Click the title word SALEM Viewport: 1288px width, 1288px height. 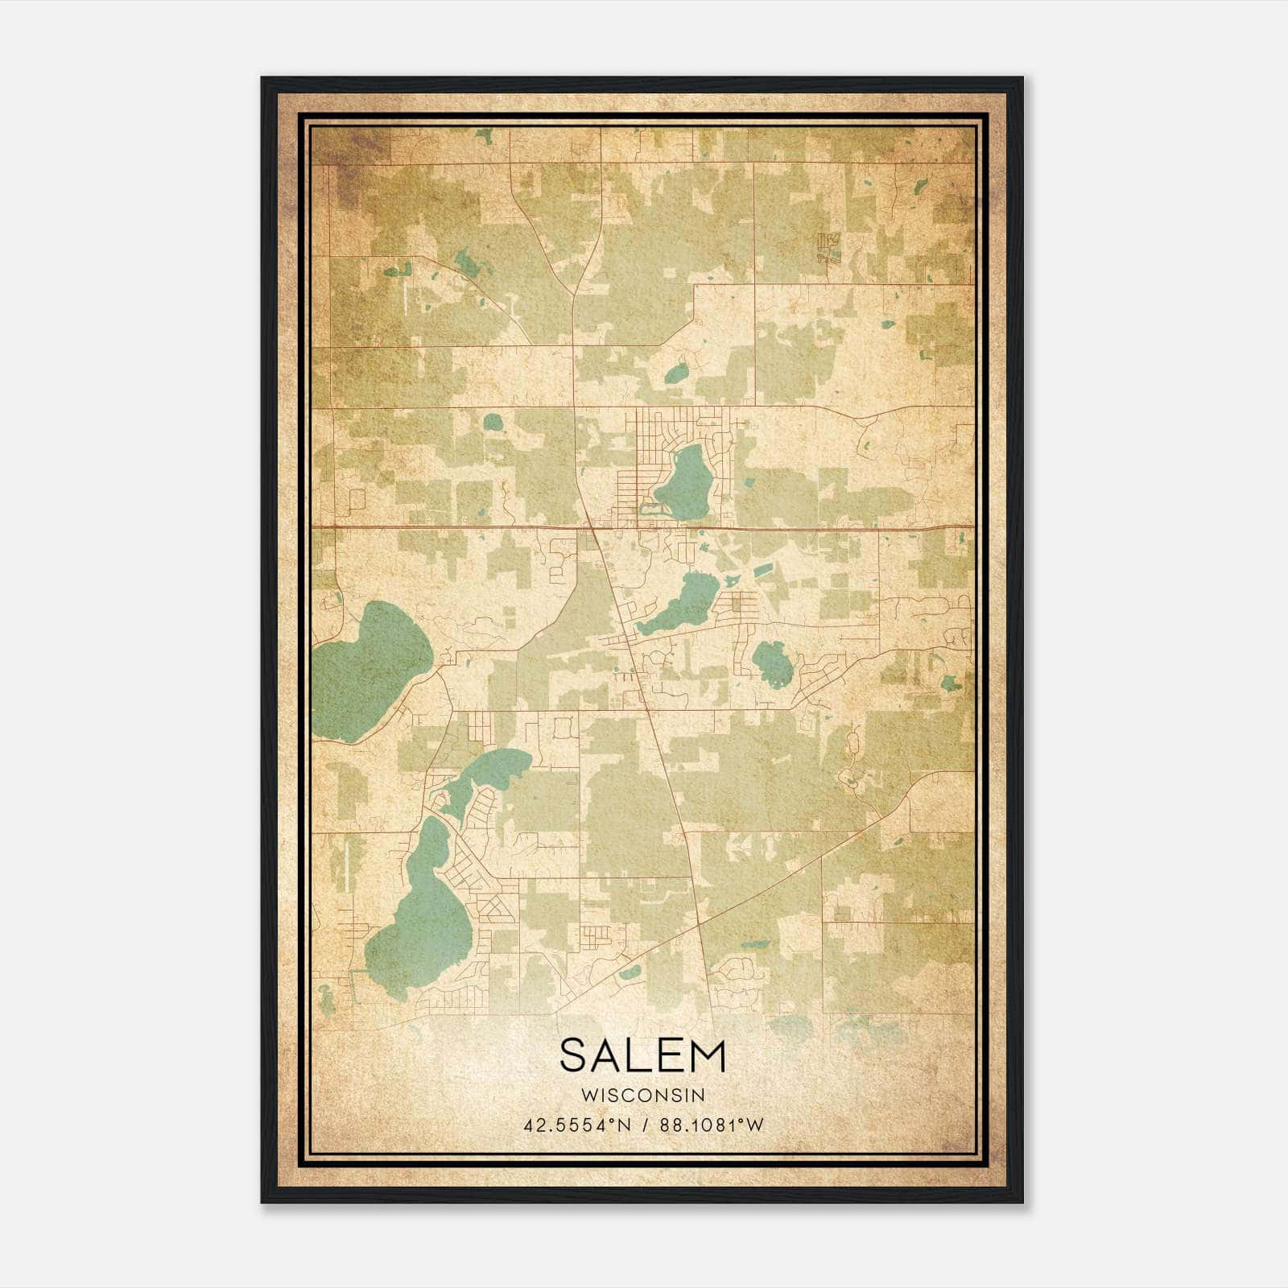(x=642, y=1055)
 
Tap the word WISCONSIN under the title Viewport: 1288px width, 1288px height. (x=642, y=1096)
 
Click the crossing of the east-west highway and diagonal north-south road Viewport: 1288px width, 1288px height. (x=592, y=528)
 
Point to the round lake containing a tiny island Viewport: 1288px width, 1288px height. (x=772, y=663)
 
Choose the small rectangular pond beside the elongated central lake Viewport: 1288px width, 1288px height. (x=762, y=571)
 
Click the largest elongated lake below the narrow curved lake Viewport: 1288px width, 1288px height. (x=423, y=918)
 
